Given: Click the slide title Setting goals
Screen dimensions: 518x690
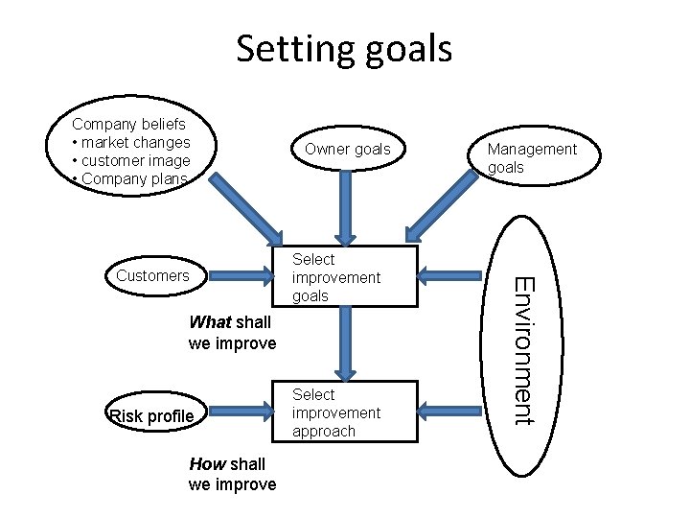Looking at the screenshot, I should pyautogui.click(x=344, y=48).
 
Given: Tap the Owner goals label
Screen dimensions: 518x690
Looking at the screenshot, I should pyautogui.click(x=347, y=149).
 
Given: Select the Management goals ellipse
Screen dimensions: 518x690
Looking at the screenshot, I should pyautogui.click(x=532, y=157).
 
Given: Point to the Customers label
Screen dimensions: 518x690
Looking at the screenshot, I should pyautogui.click(x=152, y=275).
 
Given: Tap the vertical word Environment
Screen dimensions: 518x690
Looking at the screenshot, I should pyautogui.click(x=523, y=349).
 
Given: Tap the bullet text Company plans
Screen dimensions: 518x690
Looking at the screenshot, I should pyautogui.click(x=134, y=178).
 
